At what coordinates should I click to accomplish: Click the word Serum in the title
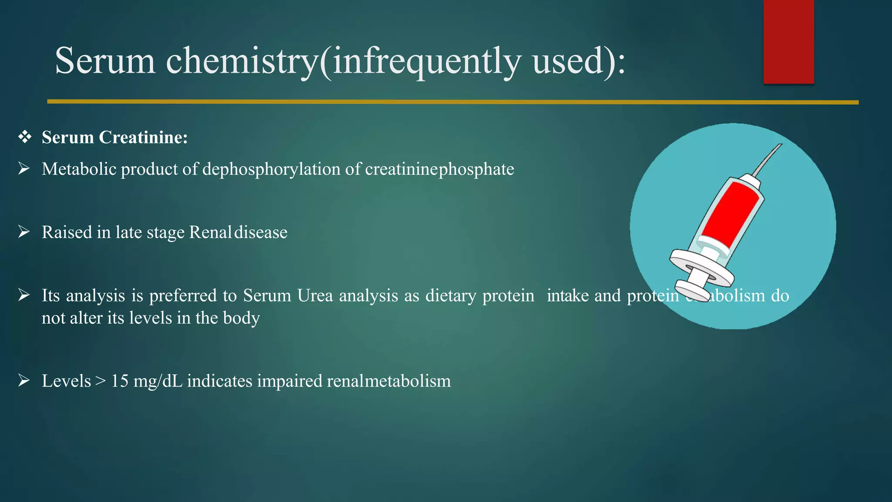click(x=105, y=61)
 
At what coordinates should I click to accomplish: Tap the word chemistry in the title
click(x=242, y=61)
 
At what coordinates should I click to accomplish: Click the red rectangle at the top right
click(x=788, y=41)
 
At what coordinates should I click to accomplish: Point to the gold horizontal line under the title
click(x=453, y=102)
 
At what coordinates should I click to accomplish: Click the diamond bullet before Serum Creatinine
click(x=25, y=137)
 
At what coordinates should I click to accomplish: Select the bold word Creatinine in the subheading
click(x=143, y=137)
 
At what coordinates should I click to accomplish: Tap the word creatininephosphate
click(x=439, y=169)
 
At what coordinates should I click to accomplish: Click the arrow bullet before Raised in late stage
click(x=24, y=232)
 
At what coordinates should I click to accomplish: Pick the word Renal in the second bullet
click(x=210, y=232)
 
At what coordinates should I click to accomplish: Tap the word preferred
click(x=183, y=295)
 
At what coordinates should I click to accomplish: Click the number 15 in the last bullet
click(x=120, y=381)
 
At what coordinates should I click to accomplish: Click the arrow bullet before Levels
click(x=24, y=380)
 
